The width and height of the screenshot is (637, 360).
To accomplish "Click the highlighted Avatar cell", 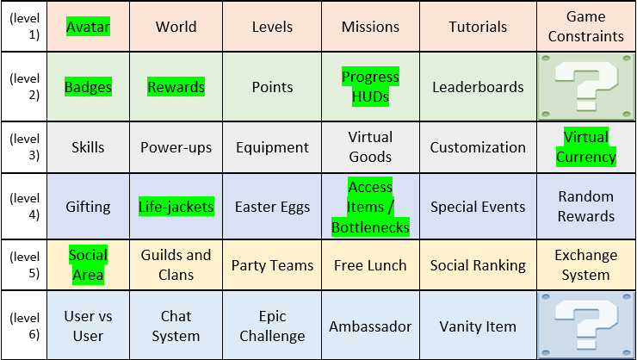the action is click(88, 27).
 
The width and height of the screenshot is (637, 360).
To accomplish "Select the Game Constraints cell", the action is click(585, 27).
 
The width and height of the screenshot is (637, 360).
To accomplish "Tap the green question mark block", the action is click(586, 86).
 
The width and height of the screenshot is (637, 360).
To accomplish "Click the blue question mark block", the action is click(586, 325).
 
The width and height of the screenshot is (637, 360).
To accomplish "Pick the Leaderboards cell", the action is click(478, 86).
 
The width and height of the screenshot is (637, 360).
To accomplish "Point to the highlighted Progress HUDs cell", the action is click(370, 86).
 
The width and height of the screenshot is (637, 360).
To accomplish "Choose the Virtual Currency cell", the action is click(585, 147).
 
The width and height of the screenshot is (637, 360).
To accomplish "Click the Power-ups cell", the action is click(176, 147).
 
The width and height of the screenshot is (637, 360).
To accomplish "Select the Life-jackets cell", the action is click(176, 207).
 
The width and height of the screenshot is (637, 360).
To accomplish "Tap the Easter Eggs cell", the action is click(272, 207).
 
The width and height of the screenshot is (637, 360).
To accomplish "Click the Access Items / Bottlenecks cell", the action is click(370, 207).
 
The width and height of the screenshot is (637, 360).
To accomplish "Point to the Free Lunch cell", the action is click(370, 265).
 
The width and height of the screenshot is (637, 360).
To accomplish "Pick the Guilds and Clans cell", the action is click(176, 265).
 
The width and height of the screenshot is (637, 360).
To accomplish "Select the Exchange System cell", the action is click(585, 265).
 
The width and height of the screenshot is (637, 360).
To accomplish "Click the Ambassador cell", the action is click(370, 326).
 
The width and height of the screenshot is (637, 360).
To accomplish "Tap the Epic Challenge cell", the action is click(272, 326).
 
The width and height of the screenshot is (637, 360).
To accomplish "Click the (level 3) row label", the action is click(24, 147).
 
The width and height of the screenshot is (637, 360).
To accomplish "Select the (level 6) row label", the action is click(24, 326).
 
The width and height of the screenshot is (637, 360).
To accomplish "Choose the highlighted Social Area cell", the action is click(88, 265).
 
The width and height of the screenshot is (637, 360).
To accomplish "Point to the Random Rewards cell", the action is click(585, 207).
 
